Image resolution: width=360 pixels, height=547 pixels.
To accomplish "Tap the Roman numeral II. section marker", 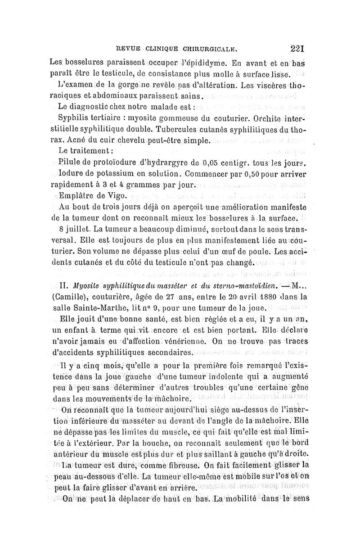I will tap(63, 285).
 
